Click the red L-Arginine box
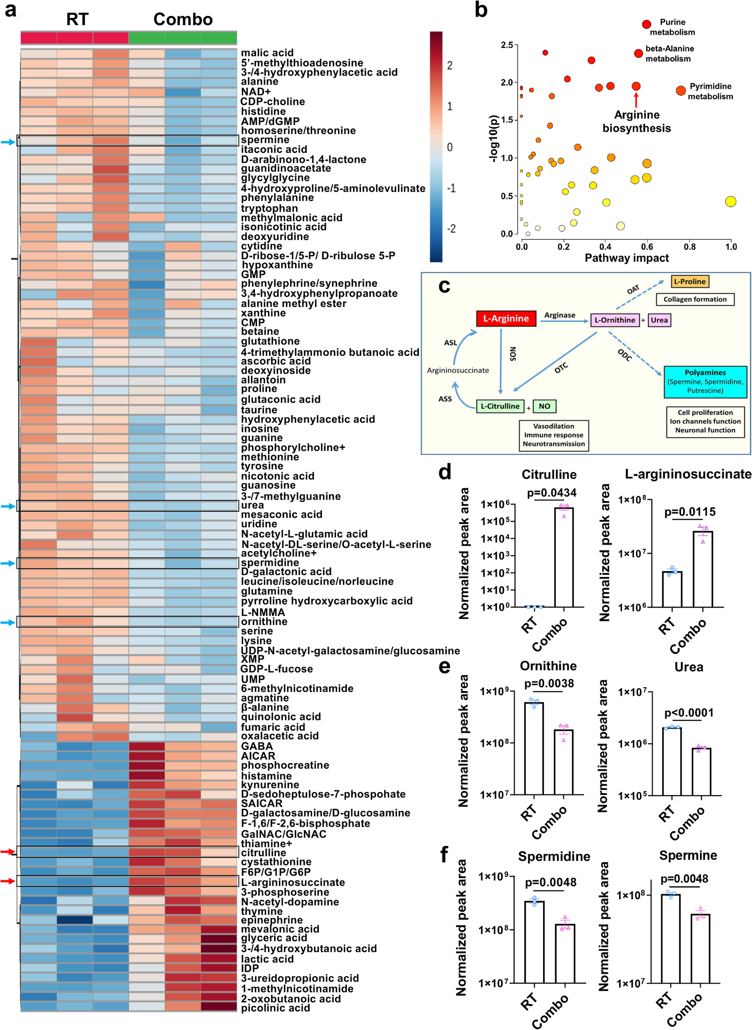point(506,319)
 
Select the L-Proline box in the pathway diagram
point(690,281)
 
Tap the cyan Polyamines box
point(705,382)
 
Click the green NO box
point(545,406)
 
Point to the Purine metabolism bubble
point(646,24)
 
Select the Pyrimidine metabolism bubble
point(680,91)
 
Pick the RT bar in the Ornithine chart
point(534,749)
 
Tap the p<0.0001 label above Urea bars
point(689,713)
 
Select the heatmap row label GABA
point(257,746)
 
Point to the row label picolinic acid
point(275,1008)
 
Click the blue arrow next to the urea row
point(8,506)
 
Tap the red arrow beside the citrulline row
point(7,852)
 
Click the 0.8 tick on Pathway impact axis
point(689,246)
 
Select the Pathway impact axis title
point(626,258)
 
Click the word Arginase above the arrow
point(560,315)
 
